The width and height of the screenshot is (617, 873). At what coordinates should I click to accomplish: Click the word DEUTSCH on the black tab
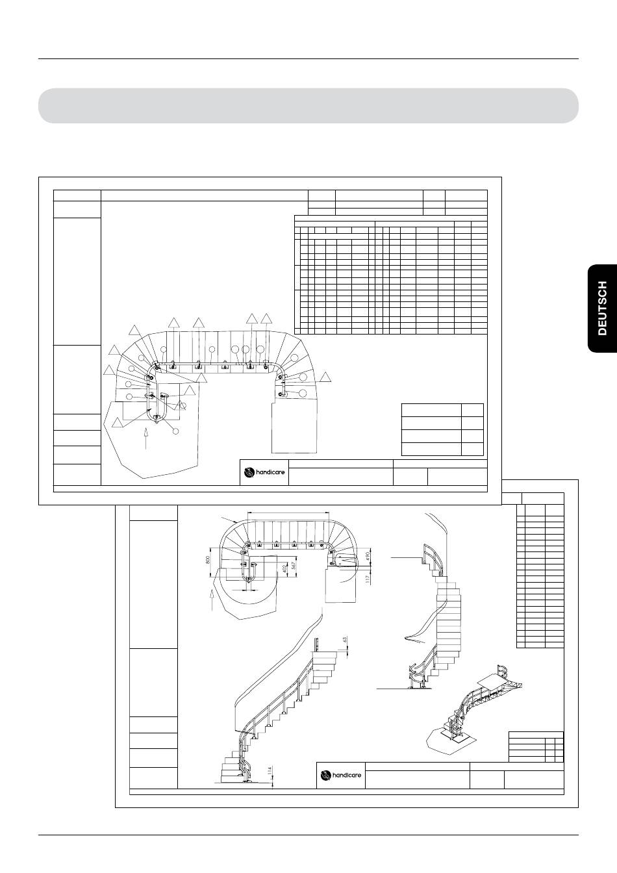point(603,309)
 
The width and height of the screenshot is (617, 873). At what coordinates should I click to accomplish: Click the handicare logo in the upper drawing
point(264,472)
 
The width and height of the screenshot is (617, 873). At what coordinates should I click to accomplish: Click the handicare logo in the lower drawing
point(341,775)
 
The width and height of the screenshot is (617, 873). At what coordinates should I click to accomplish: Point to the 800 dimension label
point(208,560)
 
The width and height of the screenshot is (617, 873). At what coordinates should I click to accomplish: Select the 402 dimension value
point(284,568)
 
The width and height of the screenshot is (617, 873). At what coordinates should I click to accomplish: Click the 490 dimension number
point(368,556)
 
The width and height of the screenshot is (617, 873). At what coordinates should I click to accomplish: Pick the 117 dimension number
point(367,579)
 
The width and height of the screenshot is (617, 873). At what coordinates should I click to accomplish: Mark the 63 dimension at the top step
point(345,640)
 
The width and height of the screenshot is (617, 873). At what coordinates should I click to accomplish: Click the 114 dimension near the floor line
point(269,770)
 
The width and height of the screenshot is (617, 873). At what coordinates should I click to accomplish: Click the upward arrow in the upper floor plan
point(145,438)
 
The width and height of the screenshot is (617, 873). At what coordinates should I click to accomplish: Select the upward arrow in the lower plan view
point(212,600)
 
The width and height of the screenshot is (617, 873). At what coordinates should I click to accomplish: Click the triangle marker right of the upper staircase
point(325,377)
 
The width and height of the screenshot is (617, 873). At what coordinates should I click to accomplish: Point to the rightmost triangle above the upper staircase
point(266,318)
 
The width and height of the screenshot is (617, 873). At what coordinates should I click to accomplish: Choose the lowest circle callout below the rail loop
point(175,431)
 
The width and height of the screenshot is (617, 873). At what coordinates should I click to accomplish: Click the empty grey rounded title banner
point(308,106)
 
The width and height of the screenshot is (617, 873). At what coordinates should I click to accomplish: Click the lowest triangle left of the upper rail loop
point(118,422)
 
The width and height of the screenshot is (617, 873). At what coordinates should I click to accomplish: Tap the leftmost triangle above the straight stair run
point(174,323)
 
